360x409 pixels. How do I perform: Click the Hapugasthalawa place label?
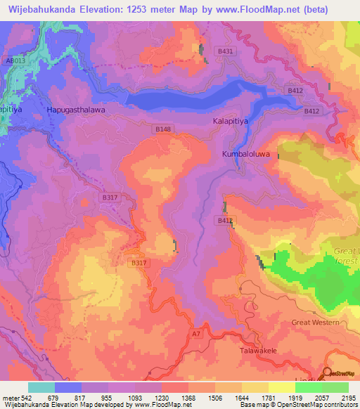coord(76,110)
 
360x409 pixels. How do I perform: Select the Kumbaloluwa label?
coord(246,154)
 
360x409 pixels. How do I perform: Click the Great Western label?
coord(315,323)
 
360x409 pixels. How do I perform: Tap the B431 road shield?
coord(226,52)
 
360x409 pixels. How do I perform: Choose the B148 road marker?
coord(162,129)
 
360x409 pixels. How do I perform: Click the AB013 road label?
coord(15,61)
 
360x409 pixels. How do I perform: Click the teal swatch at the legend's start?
coord(41,387)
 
